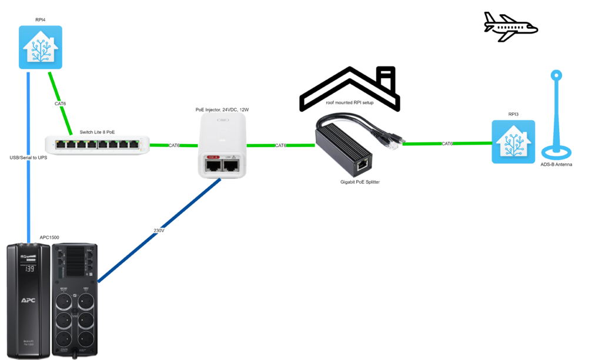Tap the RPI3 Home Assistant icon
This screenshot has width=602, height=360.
514,141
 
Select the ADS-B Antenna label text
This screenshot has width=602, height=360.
556,165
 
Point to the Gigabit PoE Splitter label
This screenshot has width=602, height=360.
360,183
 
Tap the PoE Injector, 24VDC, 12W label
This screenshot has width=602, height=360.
222,110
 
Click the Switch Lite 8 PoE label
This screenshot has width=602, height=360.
99,132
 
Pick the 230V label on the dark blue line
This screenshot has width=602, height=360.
159,231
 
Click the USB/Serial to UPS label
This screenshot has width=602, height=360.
29,158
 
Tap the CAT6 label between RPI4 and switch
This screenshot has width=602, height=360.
60,104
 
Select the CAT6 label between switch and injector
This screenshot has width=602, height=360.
174,145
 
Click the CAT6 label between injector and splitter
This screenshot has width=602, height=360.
280,145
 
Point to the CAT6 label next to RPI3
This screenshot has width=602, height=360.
447,144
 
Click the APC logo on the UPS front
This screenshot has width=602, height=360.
28,300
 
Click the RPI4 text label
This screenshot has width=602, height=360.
41,20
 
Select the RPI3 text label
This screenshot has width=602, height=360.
514,114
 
